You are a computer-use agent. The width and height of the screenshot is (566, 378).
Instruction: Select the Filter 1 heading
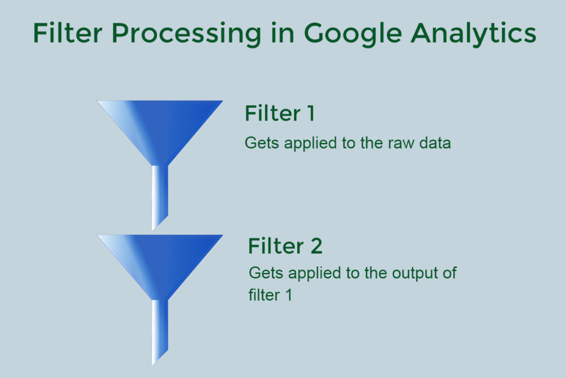280,113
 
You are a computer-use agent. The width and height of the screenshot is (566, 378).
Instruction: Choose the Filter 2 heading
285,246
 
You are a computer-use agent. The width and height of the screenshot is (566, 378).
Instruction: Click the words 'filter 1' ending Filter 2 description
270,295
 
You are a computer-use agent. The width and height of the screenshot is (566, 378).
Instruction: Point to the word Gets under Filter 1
262,143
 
